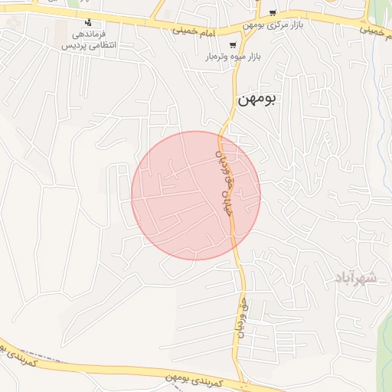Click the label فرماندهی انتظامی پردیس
[88, 40]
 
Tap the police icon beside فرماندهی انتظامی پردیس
[88, 22]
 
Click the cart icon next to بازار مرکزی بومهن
[273, 13]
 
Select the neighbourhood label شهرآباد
[356, 277]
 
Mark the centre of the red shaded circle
[196, 195]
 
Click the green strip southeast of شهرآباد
[385, 337]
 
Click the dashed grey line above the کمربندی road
[46, 361]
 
